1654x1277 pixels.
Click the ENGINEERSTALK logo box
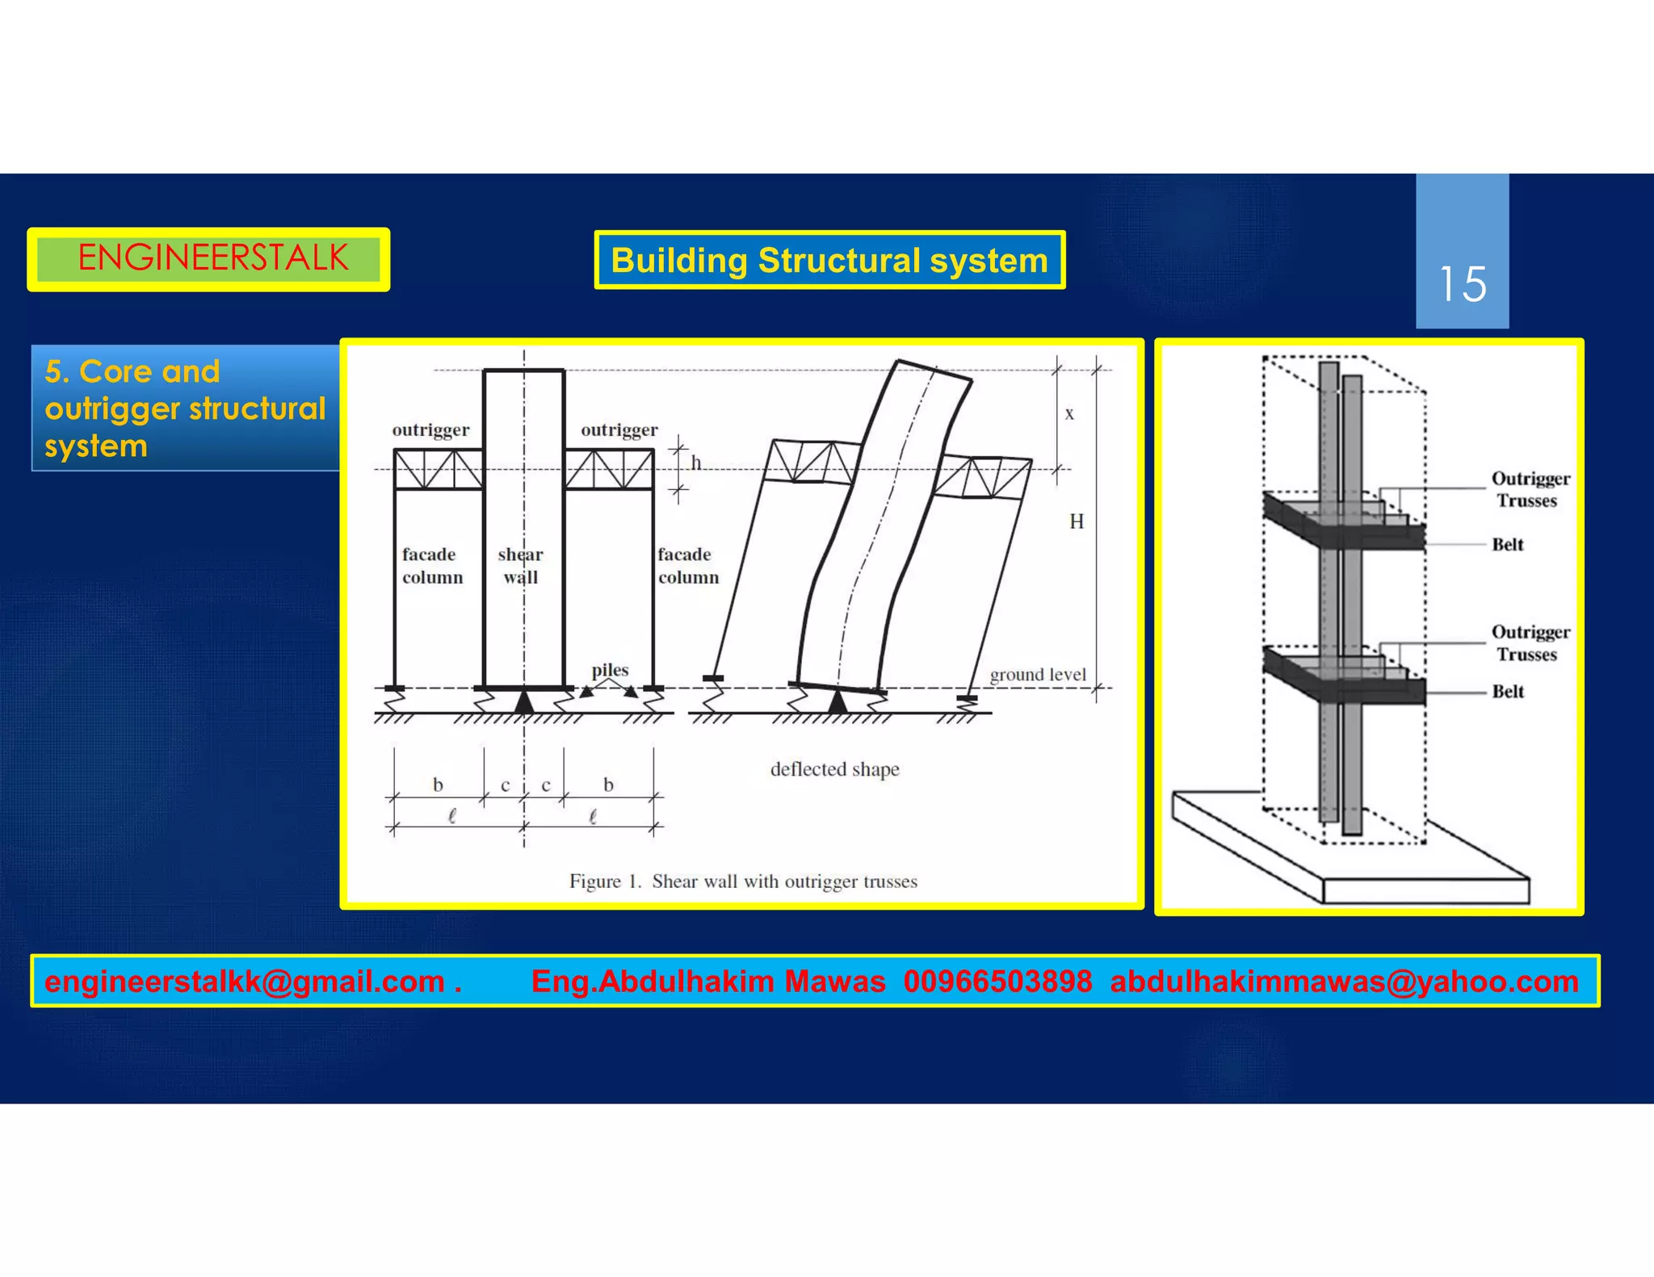click(x=208, y=259)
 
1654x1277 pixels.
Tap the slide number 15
click(x=1462, y=284)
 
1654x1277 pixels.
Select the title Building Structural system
click(x=829, y=260)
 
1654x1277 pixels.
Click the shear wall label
click(x=521, y=565)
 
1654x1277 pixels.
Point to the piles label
click(x=610, y=670)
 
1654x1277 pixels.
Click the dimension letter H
click(x=1077, y=521)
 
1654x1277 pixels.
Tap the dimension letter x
click(x=1069, y=414)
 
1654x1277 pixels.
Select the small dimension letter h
click(x=696, y=463)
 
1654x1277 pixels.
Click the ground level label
click(x=1038, y=674)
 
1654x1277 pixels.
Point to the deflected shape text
click(x=834, y=769)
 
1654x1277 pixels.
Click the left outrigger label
click(x=430, y=429)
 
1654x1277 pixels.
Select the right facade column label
click(x=687, y=565)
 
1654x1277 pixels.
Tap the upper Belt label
click(x=1507, y=544)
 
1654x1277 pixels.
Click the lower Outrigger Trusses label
click(x=1529, y=643)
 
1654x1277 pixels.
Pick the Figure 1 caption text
click(x=743, y=881)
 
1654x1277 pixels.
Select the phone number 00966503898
click(x=997, y=982)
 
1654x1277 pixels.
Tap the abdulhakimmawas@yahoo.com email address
click(x=1344, y=982)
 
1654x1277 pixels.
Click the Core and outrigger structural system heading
click(x=185, y=408)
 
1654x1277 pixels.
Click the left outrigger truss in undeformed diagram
click(x=439, y=470)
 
